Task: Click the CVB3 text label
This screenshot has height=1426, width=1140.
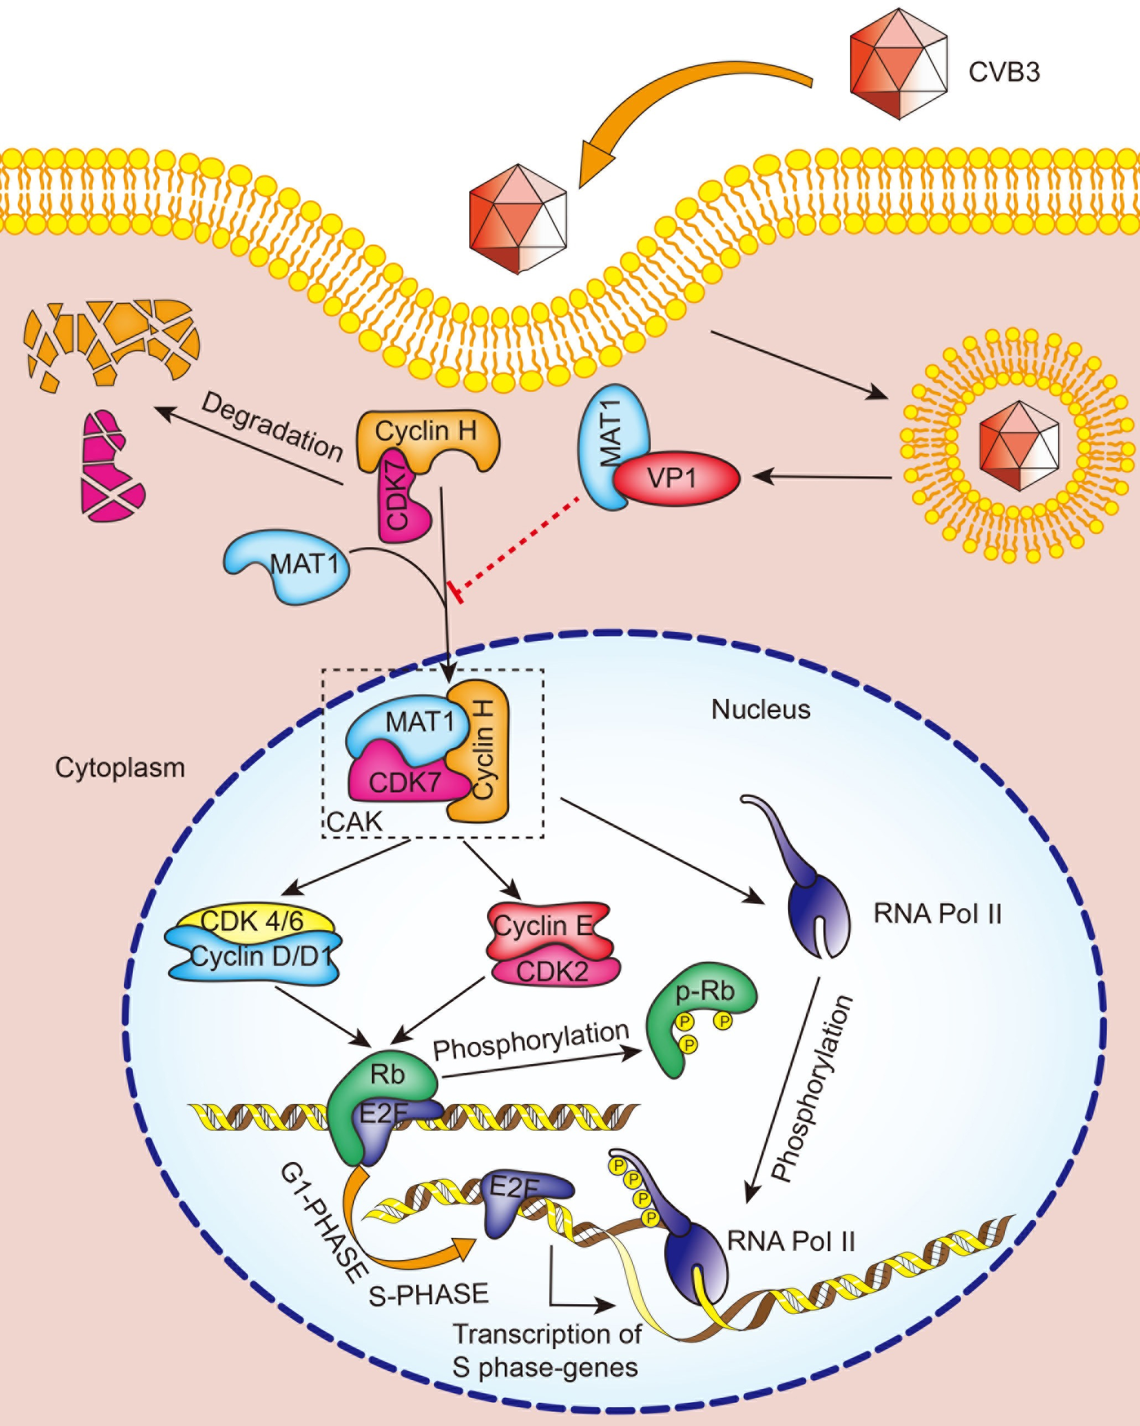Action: (1004, 72)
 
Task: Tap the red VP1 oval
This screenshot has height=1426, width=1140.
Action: (675, 478)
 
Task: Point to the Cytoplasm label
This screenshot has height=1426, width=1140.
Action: (120, 768)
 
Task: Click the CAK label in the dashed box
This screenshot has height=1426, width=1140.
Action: (355, 822)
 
